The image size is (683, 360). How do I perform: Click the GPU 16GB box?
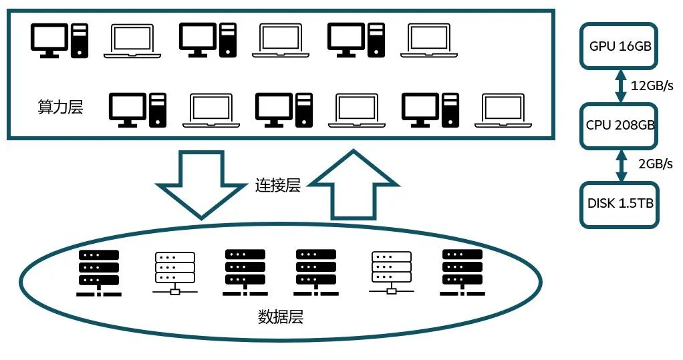tap(620, 46)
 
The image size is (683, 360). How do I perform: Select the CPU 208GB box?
tap(620, 125)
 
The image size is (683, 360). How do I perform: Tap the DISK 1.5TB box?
tap(620, 204)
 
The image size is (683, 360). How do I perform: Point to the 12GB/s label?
tap(652, 85)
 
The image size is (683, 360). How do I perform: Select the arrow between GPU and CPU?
tap(620, 85)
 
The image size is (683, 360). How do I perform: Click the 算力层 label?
tap(60, 108)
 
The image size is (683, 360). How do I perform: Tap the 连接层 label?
tap(277, 186)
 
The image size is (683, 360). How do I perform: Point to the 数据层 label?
tap(281, 317)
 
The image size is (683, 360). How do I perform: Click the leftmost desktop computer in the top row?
tap(59, 39)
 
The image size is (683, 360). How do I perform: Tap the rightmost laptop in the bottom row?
tap(503, 110)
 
